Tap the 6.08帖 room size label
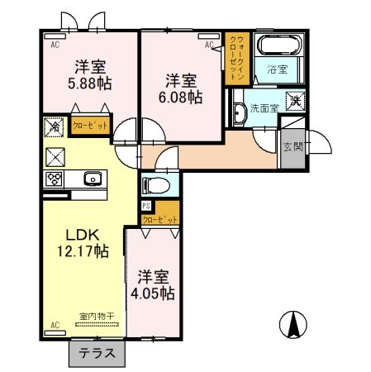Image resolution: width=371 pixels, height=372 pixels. tap(181, 98)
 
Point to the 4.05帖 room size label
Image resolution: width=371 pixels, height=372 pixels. tap(150, 293)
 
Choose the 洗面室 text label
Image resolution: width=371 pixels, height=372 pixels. tap(265, 108)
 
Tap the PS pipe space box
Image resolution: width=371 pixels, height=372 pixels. tap(146, 206)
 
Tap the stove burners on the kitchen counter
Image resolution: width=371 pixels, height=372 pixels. tap(55, 178)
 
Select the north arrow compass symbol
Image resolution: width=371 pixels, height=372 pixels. tap(290, 323)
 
